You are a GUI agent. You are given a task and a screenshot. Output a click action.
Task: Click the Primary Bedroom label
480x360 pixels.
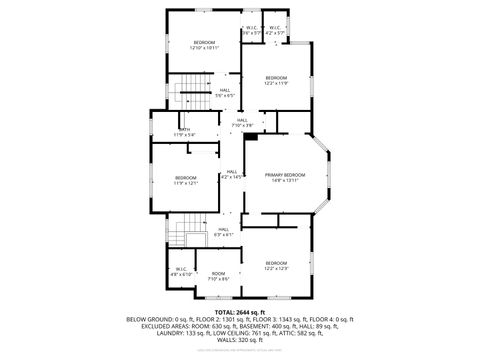[285, 177]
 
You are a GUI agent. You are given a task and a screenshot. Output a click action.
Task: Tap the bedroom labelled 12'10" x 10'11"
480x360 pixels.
[204, 44]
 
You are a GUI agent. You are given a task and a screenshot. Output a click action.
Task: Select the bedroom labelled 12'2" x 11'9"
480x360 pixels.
[276, 80]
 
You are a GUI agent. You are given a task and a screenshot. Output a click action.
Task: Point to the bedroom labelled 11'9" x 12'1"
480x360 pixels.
[186, 181]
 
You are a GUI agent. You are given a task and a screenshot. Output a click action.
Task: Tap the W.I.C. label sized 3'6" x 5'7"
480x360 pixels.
[252, 30]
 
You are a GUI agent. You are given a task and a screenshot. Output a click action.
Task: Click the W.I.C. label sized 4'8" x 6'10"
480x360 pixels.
[181, 271]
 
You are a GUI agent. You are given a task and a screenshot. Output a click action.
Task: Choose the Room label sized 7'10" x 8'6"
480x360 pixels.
[218, 277]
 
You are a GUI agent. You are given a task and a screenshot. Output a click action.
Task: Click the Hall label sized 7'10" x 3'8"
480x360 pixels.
[242, 122]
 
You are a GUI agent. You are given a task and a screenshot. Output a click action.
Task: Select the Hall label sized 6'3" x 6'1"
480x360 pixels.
[224, 232]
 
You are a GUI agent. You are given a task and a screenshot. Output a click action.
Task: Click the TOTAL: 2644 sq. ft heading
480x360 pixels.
[239, 312]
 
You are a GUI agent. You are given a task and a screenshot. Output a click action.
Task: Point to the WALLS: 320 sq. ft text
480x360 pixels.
[240, 340]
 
